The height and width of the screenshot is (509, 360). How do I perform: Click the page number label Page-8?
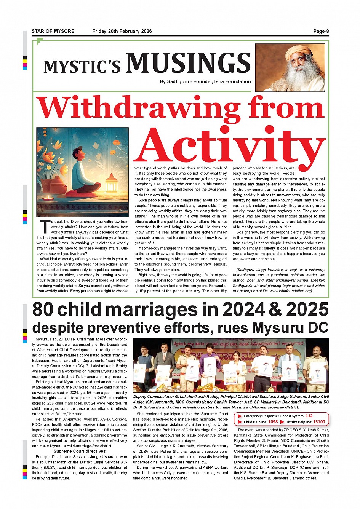(321, 31)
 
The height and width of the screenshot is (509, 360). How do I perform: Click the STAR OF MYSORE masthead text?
(53, 31)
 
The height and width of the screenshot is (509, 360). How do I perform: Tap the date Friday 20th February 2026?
(122, 31)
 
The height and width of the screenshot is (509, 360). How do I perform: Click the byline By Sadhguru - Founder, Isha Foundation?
(205, 81)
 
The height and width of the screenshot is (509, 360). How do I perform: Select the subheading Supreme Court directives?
(80, 451)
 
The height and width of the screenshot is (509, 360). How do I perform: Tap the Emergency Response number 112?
(309, 416)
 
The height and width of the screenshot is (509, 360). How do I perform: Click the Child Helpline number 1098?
(273, 422)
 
